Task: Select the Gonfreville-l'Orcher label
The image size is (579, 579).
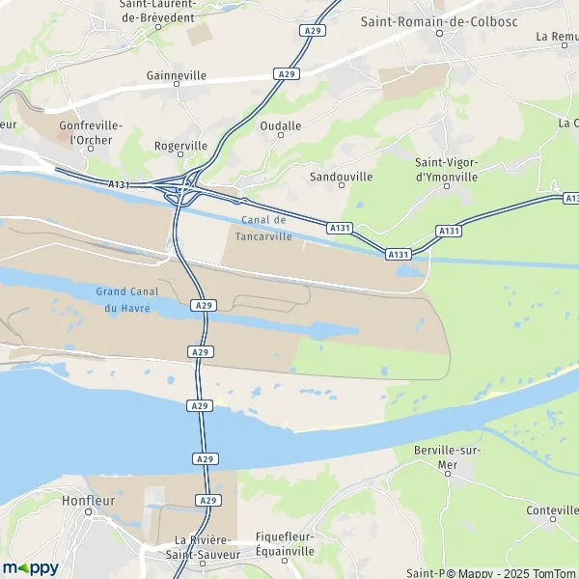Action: (x=86, y=132)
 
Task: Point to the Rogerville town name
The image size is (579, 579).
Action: (x=180, y=146)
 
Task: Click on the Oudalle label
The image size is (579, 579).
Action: (x=281, y=126)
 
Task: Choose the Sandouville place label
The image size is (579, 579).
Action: (x=341, y=178)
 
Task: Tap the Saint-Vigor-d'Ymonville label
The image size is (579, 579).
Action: (x=447, y=169)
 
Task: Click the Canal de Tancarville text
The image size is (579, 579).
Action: (x=263, y=228)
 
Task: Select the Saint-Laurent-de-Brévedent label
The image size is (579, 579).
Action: (x=158, y=10)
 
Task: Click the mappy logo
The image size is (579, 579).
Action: (x=31, y=567)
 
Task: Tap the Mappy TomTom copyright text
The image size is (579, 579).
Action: (x=491, y=572)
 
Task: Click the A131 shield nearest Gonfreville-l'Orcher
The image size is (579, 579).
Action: (x=119, y=183)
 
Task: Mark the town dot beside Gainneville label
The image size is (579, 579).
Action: (x=177, y=85)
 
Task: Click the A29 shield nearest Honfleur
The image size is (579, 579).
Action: (x=207, y=500)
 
